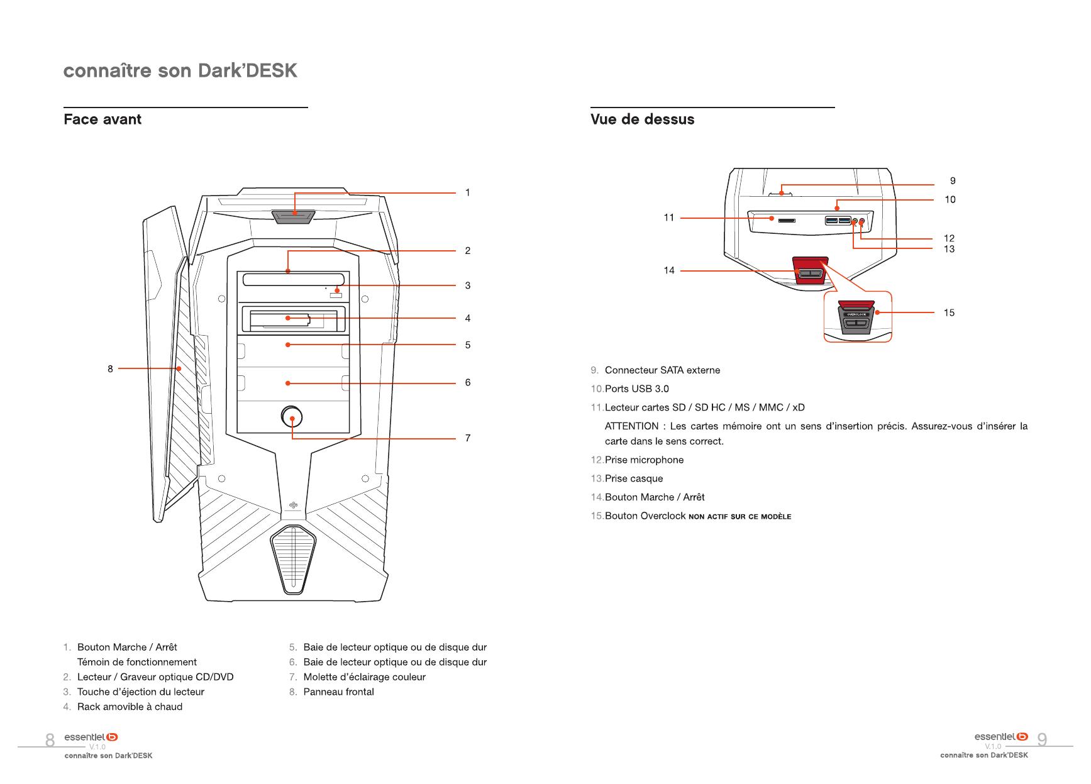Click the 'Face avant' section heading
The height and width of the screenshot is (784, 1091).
102,119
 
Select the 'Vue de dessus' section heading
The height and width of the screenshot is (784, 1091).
642,119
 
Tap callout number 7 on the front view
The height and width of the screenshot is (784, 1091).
468,438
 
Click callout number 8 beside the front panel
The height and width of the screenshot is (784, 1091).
110,369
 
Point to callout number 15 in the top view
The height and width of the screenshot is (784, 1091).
949,312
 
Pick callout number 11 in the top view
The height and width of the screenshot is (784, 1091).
669,218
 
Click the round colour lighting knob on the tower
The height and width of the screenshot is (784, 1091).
292,416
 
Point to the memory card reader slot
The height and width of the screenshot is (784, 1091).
786,221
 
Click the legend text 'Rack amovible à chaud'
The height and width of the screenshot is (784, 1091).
130,707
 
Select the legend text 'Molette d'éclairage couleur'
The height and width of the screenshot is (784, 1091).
364,677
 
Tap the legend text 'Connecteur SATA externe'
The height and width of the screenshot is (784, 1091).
662,370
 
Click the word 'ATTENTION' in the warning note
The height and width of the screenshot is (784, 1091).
631,426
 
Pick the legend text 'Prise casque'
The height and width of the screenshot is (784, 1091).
634,478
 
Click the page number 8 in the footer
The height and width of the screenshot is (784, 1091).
50,740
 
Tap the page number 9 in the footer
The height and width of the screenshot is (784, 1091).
1042,740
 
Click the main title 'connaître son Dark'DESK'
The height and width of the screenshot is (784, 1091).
180,70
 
